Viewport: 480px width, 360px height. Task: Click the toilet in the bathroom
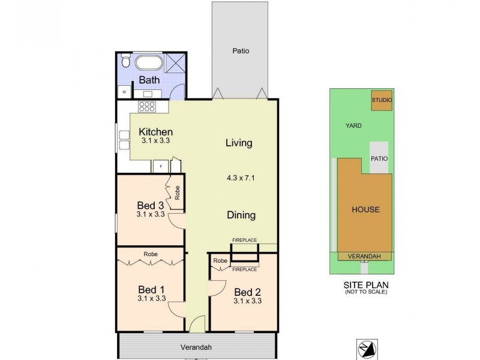coord(125,62)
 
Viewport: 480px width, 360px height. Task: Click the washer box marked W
coord(124,92)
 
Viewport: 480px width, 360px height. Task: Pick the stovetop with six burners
coord(147,106)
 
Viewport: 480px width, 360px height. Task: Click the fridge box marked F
coord(161,167)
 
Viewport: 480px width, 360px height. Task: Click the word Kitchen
coord(156,132)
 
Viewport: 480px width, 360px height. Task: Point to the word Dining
coord(241,215)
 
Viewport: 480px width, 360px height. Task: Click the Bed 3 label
coord(151,205)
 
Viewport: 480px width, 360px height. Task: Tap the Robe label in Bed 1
coord(151,254)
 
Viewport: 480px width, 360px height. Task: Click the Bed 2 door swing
coord(214,287)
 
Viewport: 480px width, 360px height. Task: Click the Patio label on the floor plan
coord(241,51)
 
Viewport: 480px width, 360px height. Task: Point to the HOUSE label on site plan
coord(365,209)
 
